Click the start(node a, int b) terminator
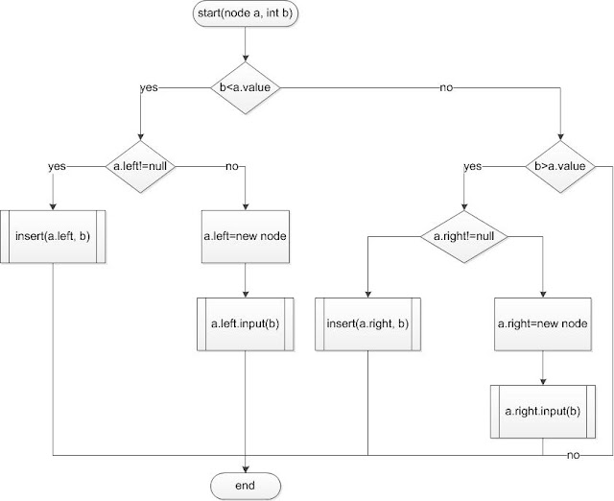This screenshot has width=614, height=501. pyautogui.click(x=247, y=16)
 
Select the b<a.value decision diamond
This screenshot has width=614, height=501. pyautogui.click(x=247, y=87)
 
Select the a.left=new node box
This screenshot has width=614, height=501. pyautogui.click(x=247, y=235)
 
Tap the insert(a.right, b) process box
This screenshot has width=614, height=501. pyautogui.click(x=367, y=323)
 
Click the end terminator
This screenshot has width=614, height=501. pyautogui.click(x=247, y=485)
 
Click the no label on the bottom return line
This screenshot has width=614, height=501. pyautogui.click(x=573, y=453)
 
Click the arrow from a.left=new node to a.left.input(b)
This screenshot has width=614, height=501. pyautogui.click(x=247, y=278)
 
